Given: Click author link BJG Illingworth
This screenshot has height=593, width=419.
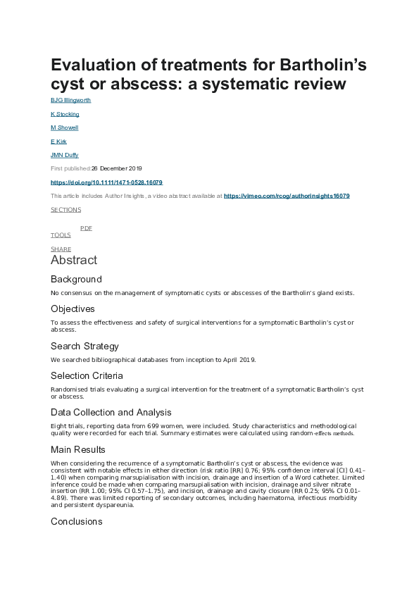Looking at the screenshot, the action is (70, 100).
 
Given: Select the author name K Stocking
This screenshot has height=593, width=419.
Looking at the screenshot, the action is (65, 114).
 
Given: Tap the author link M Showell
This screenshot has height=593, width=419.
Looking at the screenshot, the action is (64, 127).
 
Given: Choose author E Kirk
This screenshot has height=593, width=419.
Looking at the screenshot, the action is (59, 142).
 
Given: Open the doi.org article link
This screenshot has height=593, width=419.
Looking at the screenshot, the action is (106, 182).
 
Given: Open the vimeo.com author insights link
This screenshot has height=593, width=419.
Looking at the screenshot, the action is (287, 196).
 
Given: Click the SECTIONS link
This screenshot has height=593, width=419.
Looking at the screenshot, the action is (65, 210).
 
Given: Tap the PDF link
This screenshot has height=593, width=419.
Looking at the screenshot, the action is (86, 228).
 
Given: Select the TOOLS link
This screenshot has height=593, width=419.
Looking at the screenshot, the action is (61, 235).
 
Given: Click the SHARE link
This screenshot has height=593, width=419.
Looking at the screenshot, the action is (61, 249).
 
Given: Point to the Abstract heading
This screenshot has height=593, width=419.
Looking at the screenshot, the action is (74, 261).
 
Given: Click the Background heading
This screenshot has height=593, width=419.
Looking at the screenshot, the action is (76, 279).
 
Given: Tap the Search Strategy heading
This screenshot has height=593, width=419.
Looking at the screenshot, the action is (85, 346).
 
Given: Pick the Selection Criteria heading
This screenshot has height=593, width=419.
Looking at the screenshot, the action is (87, 375).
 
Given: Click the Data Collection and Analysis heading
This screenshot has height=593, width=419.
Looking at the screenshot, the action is (111, 412).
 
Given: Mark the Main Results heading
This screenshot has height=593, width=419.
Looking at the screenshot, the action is (79, 449).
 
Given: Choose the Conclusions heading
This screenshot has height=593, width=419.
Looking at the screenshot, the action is (76, 522).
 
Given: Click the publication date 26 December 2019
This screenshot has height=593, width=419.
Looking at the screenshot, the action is (116, 169).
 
